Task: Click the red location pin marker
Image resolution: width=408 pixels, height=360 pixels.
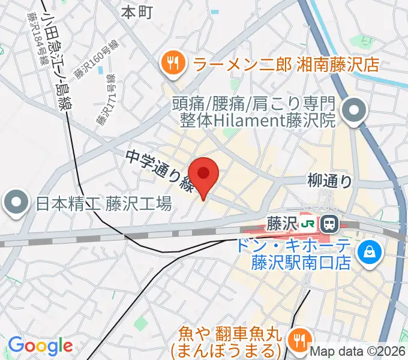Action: click(204, 175)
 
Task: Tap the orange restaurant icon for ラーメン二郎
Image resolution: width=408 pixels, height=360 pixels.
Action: click(172, 62)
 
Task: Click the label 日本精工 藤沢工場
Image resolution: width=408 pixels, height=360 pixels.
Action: click(103, 204)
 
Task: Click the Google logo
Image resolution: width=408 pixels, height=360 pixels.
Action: click(40, 346)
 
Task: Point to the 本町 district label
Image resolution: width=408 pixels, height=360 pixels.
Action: click(137, 11)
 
